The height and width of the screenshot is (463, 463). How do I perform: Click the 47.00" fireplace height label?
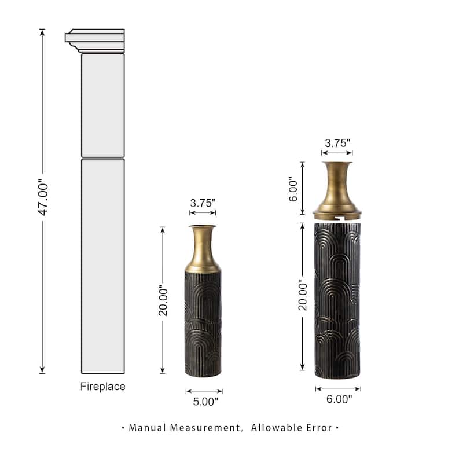tap(43, 197)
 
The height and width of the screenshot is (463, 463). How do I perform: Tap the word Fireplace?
tap(103, 387)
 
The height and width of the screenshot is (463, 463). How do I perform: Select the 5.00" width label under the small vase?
tap(205, 402)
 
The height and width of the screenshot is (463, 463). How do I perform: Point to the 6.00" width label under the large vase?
tap(339, 399)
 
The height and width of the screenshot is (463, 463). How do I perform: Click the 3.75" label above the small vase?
tap(203, 203)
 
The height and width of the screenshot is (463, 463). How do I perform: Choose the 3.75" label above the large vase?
tap(337, 143)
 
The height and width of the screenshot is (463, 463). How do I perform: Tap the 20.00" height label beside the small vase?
tap(163, 300)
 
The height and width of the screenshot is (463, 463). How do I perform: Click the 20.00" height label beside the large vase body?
tap(303, 295)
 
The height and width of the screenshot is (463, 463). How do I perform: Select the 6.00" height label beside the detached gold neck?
tap(293, 189)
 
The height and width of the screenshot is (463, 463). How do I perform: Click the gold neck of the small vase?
tap(203, 249)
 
